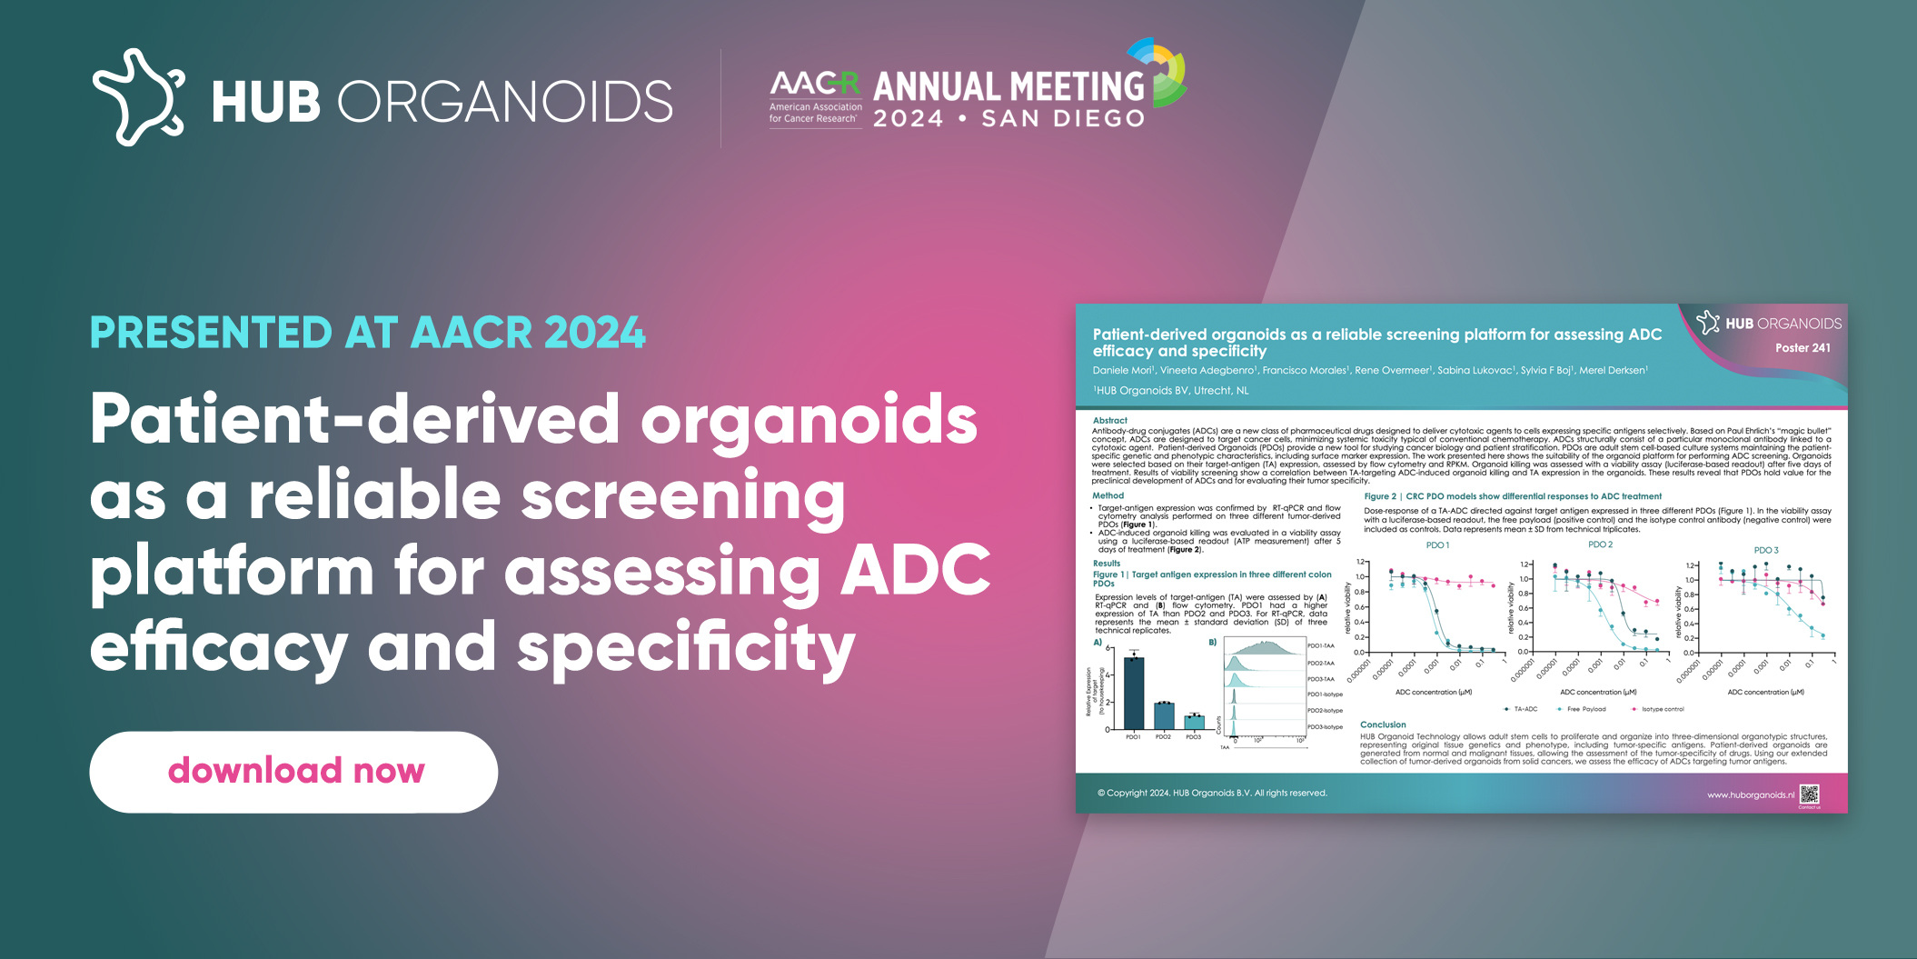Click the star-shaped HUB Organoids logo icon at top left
[138, 97]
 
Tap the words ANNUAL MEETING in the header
[1008, 86]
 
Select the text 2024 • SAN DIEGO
[1008, 119]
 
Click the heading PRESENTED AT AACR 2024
[368, 333]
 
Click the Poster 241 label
[1803, 348]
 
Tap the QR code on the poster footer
[1809, 794]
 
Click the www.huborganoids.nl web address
[1750, 795]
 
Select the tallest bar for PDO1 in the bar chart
[1134, 692]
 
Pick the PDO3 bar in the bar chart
[1194, 722]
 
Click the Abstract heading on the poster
[1109, 421]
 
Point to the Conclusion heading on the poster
[1383, 724]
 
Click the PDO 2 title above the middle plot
[1600, 544]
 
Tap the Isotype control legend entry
[1662, 709]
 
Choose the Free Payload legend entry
[1585, 709]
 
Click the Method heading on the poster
[1107, 495]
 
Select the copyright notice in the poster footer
[1212, 794]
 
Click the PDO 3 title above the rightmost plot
[1765, 550]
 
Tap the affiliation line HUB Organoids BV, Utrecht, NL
[1171, 391]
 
